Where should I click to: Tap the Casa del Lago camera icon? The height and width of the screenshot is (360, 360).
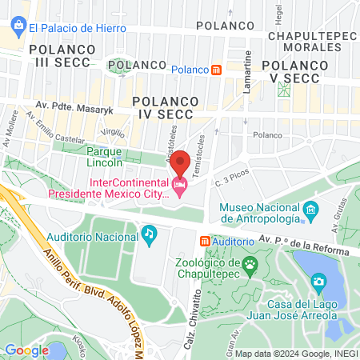tap(318, 282)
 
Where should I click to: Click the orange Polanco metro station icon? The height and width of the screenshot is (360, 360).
tap(217, 70)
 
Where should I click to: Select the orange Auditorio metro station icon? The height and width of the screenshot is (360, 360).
tap(205, 240)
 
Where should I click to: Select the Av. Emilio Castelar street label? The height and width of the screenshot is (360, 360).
tap(55, 130)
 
